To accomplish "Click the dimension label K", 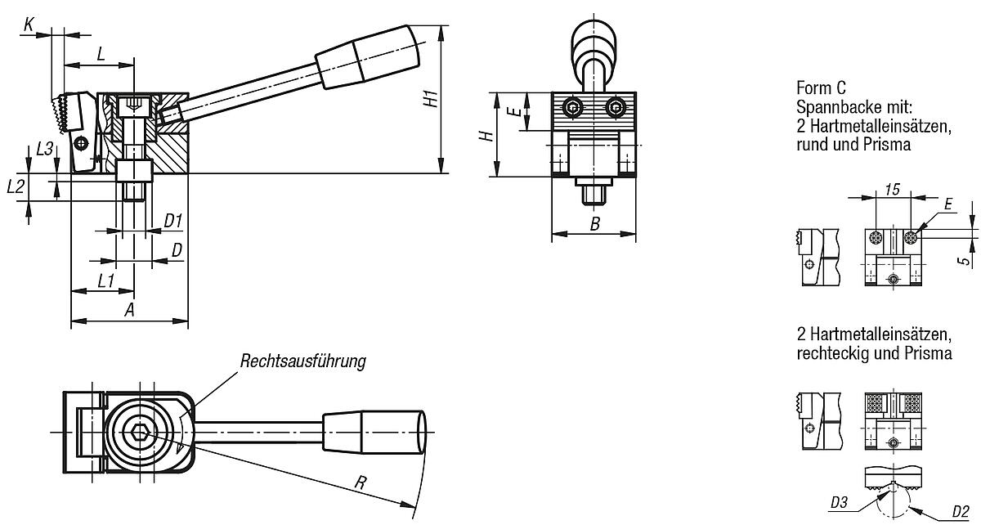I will (29, 25).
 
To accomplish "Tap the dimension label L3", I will (46, 149).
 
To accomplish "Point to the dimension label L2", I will (16, 186).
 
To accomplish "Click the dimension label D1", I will (172, 220).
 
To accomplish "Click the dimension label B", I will (595, 222).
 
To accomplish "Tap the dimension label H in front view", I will (484, 135).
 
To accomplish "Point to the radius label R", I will (359, 482).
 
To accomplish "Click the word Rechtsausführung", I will (302, 361).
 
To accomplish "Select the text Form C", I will (820, 87).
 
